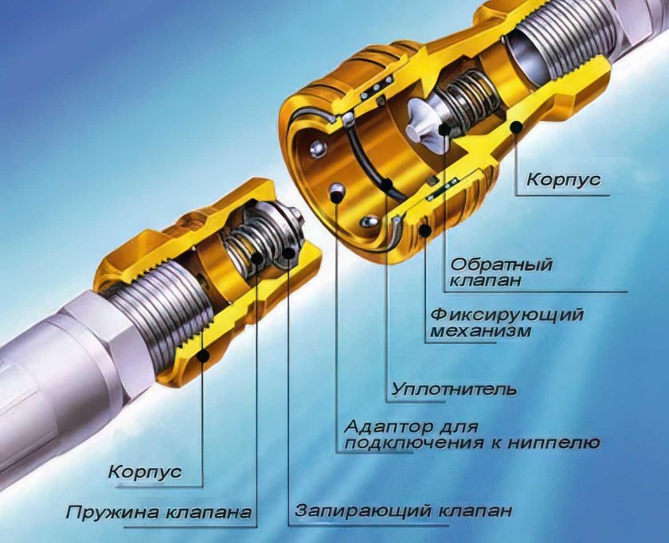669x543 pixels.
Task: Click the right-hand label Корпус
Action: (x=563, y=180)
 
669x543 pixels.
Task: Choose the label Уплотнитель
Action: (x=454, y=389)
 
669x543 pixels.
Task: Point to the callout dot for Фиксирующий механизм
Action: (x=428, y=229)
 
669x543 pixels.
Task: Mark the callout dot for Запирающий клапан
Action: (x=288, y=254)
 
